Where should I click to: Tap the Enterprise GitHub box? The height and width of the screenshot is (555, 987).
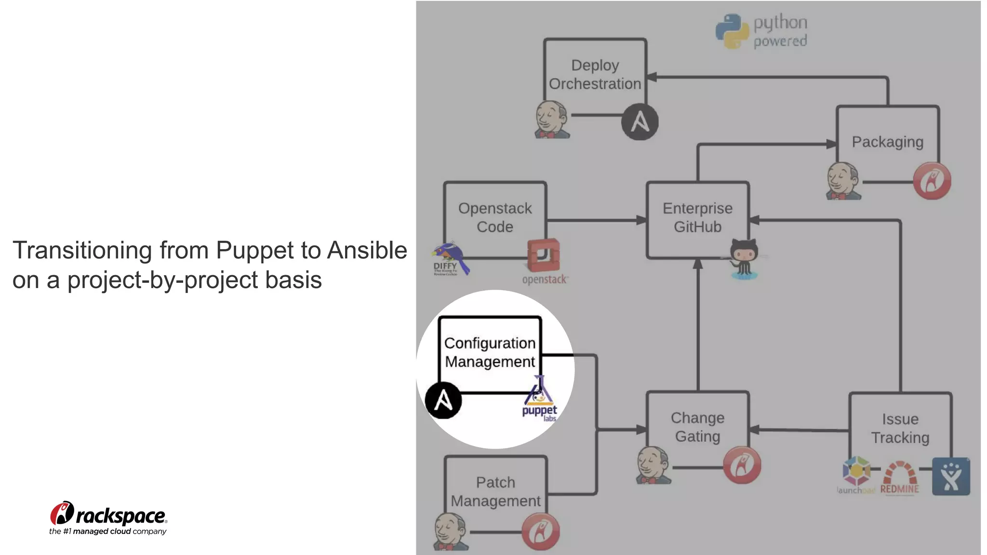697,217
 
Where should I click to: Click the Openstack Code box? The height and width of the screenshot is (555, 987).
495,217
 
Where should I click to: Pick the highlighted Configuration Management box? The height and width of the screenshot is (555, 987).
490,352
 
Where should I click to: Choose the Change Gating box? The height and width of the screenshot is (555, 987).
697,427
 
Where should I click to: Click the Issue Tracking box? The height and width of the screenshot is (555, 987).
900,428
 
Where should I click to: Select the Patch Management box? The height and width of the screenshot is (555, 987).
495,491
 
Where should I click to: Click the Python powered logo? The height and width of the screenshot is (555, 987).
761,31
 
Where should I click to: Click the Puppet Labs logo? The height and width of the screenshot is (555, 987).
539,400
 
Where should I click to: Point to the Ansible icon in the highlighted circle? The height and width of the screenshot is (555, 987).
443,400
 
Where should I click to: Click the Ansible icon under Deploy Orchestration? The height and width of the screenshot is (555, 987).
640,121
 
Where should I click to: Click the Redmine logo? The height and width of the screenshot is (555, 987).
899,478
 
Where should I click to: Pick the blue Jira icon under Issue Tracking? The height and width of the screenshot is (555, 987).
950,476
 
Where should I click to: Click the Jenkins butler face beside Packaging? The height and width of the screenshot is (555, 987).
843,181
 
